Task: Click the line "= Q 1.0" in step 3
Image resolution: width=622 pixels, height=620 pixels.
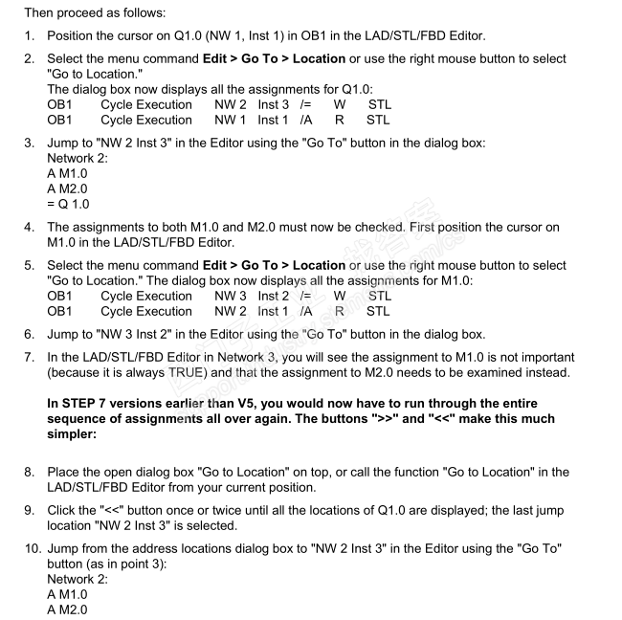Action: (69, 203)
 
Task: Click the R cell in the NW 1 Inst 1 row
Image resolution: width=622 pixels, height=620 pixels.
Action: (339, 120)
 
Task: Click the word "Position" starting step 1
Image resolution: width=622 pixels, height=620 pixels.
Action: (74, 36)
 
